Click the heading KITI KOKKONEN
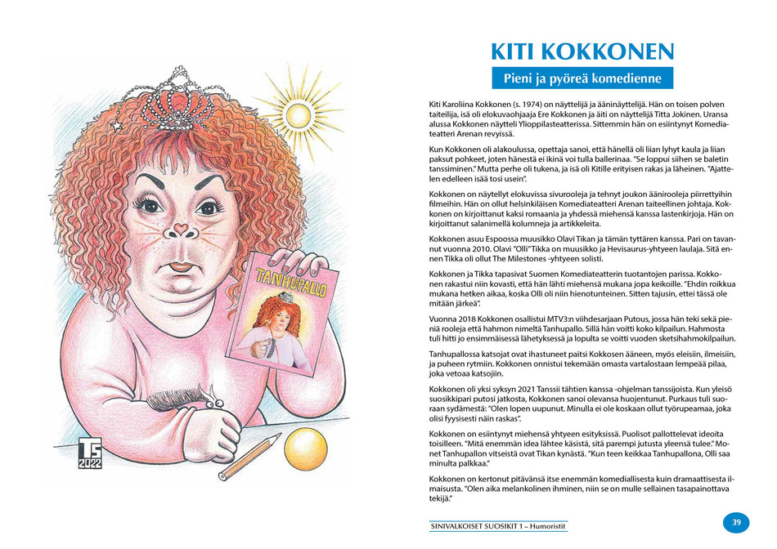[x=582, y=51]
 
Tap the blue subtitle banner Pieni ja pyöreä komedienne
[x=582, y=78]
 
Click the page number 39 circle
[x=735, y=523]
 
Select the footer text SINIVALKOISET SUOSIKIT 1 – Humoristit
[x=498, y=526]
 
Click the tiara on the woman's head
[x=178, y=100]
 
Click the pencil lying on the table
[x=249, y=457]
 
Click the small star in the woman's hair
[x=118, y=125]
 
